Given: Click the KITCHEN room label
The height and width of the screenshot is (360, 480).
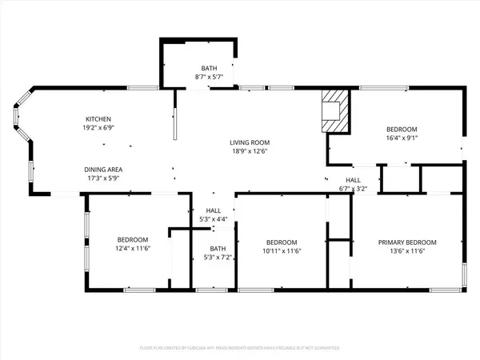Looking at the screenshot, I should pyautogui.click(x=98, y=118).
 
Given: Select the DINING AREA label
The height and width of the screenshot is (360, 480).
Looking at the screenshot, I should pyautogui.click(x=104, y=170).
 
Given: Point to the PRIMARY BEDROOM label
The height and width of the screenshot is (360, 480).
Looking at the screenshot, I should pyautogui.click(x=407, y=242).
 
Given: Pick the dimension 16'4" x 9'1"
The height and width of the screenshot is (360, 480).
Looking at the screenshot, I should pyautogui.click(x=402, y=137).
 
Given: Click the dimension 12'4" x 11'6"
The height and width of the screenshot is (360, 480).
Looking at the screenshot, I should pyautogui.click(x=132, y=249).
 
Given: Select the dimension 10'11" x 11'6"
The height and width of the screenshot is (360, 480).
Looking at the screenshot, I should pyautogui.click(x=282, y=251).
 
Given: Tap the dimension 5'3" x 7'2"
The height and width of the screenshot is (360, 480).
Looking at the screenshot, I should pyautogui.click(x=213, y=257).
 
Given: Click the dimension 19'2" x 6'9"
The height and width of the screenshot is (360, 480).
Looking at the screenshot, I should pyautogui.click(x=98, y=127).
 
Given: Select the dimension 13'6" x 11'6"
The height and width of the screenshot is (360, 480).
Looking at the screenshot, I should pyautogui.click(x=407, y=251).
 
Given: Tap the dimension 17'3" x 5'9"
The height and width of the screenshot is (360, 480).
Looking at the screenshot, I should pyautogui.click(x=104, y=178).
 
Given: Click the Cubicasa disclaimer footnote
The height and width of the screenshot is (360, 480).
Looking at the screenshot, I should pyautogui.click(x=240, y=349).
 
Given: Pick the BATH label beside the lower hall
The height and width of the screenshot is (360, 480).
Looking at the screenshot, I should pyautogui.click(x=213, y=248).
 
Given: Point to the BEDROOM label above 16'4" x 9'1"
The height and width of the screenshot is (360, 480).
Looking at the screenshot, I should pyautogui.click(x=402, y=128).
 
